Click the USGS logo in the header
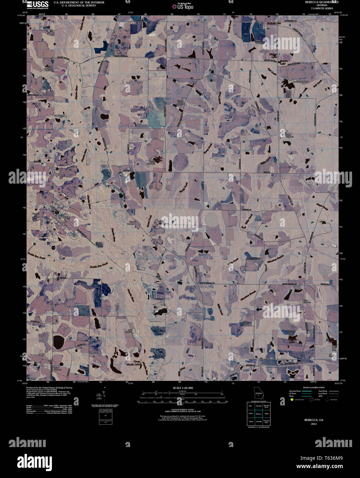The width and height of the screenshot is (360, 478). point(37,4)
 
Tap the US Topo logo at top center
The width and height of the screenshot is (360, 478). point(184,6)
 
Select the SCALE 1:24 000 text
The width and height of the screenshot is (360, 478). point(183,388)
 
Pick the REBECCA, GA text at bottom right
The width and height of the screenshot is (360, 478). point(314,420)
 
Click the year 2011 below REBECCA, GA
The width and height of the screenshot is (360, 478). point(314,424)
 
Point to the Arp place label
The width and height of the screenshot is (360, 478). point(261,363)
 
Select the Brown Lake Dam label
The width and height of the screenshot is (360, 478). point(291,333)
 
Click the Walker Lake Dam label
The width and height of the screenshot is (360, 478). point(259,41)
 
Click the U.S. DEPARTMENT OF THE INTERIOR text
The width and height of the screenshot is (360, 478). point(79,2)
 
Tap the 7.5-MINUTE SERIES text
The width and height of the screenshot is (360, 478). point(322,8)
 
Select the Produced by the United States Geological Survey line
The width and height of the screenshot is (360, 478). point(49,387)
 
